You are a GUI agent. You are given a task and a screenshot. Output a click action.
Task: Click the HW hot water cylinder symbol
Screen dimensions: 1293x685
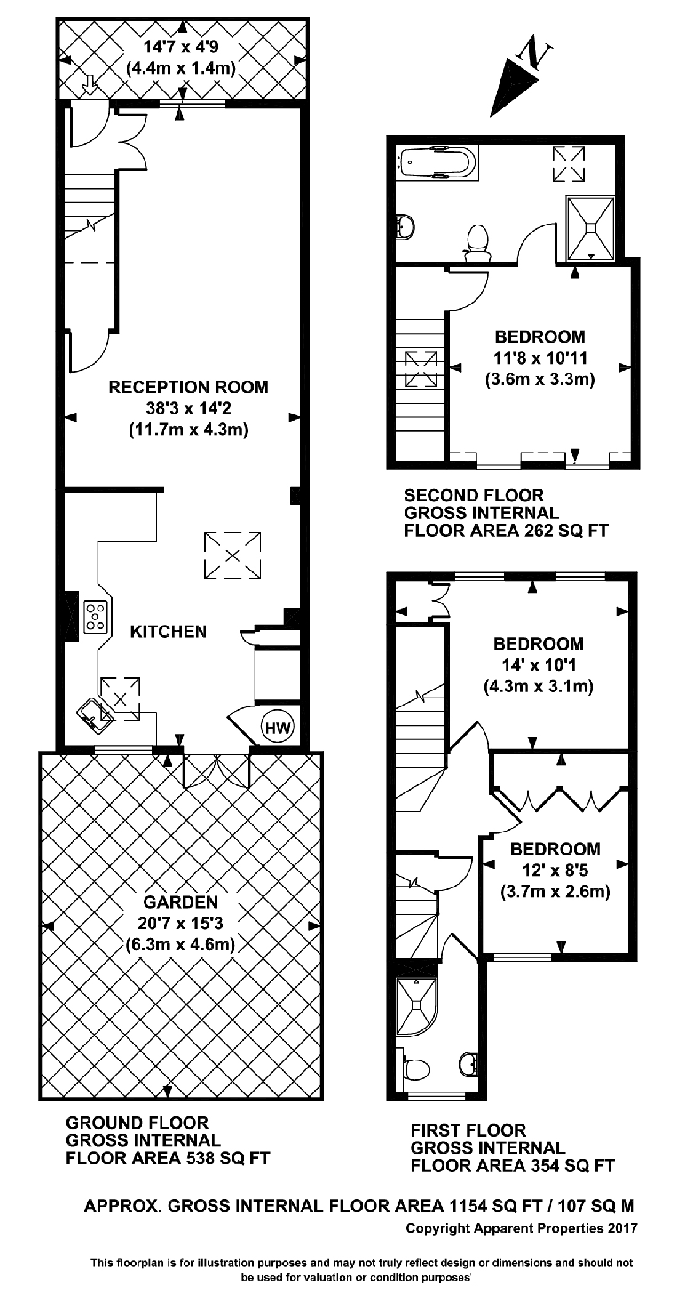(x=278, y=728)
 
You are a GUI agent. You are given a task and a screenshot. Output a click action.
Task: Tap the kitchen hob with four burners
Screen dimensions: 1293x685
(x=95, y=617)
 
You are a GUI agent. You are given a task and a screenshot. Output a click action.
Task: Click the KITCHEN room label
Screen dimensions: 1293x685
(x=168, y=632)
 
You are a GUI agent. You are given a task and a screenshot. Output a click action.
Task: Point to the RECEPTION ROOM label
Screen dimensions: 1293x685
(x=188, y=387)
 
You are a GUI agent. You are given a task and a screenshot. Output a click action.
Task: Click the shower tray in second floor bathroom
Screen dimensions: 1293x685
(x=590, y=227)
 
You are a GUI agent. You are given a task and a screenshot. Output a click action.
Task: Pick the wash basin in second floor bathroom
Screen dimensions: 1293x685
(x=406, y=227)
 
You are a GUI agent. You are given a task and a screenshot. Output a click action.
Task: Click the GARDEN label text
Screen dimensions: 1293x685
(x=180, y=902)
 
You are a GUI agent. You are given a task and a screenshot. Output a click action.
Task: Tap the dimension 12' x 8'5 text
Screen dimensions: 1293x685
(x=555, y=870)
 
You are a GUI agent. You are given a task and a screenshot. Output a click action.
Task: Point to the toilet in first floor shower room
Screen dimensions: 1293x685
(x=417, y=1069)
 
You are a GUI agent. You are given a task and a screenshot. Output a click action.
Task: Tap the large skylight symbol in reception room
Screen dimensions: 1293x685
(x=233, y=555)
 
